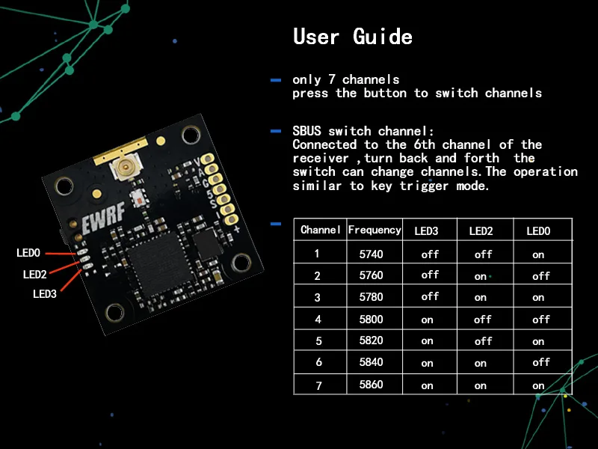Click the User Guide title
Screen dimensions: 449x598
pyautogui.click(x=352, y=36)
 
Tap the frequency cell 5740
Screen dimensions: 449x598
pyautogui.click(x=371, y=254)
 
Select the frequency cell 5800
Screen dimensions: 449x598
pyautogui.click(x=371, y=319)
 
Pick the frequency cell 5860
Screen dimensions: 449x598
pyautogui.click(x=371, y=385)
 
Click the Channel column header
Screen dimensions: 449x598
pyautogui.click(x=321, y=230)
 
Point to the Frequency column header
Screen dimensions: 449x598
pyautogui.click(x=374, y=230)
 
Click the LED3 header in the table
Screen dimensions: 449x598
pyautogui.click(x=426, y=231)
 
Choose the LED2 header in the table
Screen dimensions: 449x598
pyautogui.click(x=481, y=231)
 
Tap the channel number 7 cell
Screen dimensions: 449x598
pyautogui.click(x=318, y=385)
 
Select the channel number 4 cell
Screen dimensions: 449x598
pyautogui.click(x=318, y=319)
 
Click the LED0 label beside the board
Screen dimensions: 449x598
pyautogui.click(x=28, y=254)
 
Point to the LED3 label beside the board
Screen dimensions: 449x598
pyautogui.click(x=45, y=294)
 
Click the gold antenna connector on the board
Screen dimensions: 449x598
pyautogui.click(x=120, y=169)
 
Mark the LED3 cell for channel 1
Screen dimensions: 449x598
pyautogui.click(x=430, y=254)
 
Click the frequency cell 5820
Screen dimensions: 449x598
pyautogui.click(x=371, y=340)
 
